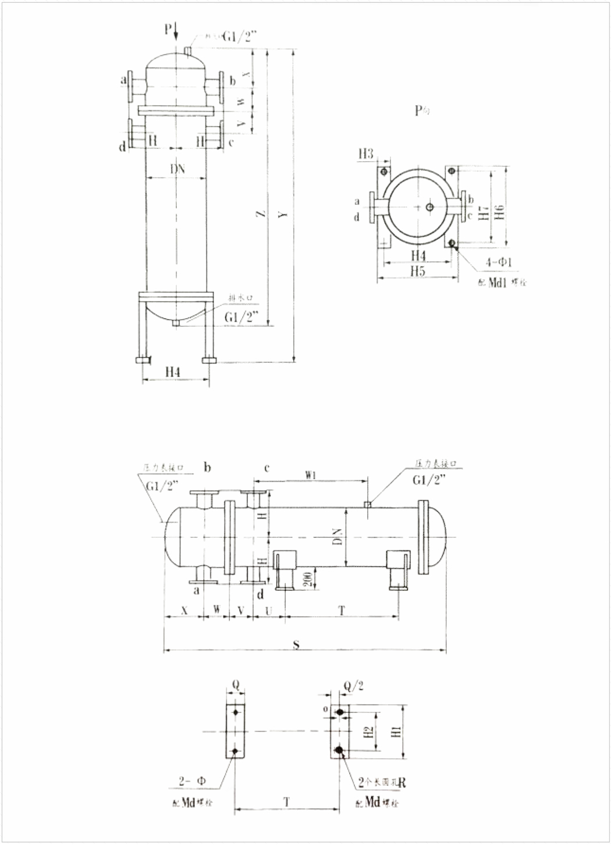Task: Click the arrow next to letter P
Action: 176,30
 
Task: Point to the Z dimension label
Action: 262,214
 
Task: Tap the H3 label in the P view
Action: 366,154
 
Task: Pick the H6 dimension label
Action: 499,213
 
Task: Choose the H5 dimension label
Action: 417,271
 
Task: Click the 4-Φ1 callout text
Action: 499,262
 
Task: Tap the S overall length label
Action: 296,644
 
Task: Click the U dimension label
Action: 268,610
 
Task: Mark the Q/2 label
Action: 353,686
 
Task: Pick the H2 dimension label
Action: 367,732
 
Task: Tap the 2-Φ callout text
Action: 192,782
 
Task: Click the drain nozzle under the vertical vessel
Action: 176,323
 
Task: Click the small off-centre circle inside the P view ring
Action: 429,207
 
